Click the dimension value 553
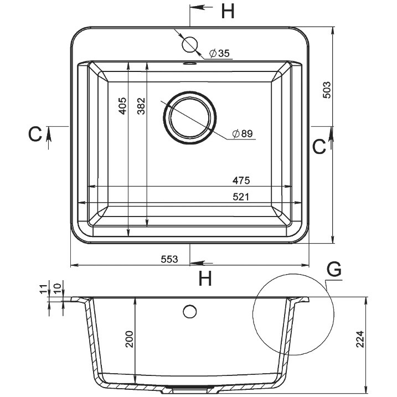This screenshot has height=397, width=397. tap(169, 259)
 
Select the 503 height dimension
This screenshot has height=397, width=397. tap(327, 90)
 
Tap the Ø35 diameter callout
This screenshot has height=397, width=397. tap(219, 53)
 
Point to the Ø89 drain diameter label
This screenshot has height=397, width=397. tap(243, 133)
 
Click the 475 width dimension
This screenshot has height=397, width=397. tap(241, 181)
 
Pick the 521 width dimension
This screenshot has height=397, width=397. tap(241, 197)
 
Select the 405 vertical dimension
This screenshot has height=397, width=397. tap(122, 106)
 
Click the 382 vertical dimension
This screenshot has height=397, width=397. tap(141, 106)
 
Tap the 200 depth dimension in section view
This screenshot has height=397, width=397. tap(130, 339)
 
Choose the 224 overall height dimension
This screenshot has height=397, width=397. tap(360, 339)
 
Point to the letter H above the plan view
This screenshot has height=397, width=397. tap(228, 12)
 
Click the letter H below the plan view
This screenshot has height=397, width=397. tap(205, 278)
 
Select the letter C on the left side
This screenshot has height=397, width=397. tap(35, 134)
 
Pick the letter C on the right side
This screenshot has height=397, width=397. tap(319, 146)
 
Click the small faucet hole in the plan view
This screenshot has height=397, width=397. tap(189, 44)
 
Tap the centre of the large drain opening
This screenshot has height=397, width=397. tap(190, 118)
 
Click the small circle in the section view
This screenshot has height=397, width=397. tap(190, 311)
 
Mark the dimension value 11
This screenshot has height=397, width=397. tap(43, 289)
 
